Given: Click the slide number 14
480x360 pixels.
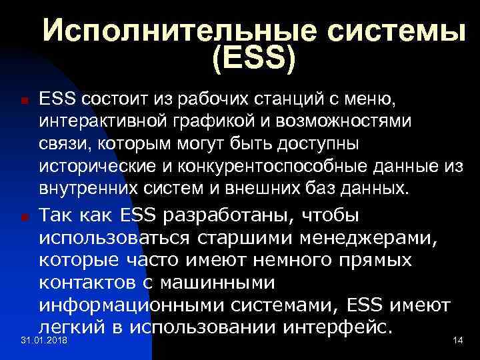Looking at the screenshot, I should pyautogui.click(x=457, y=341).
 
